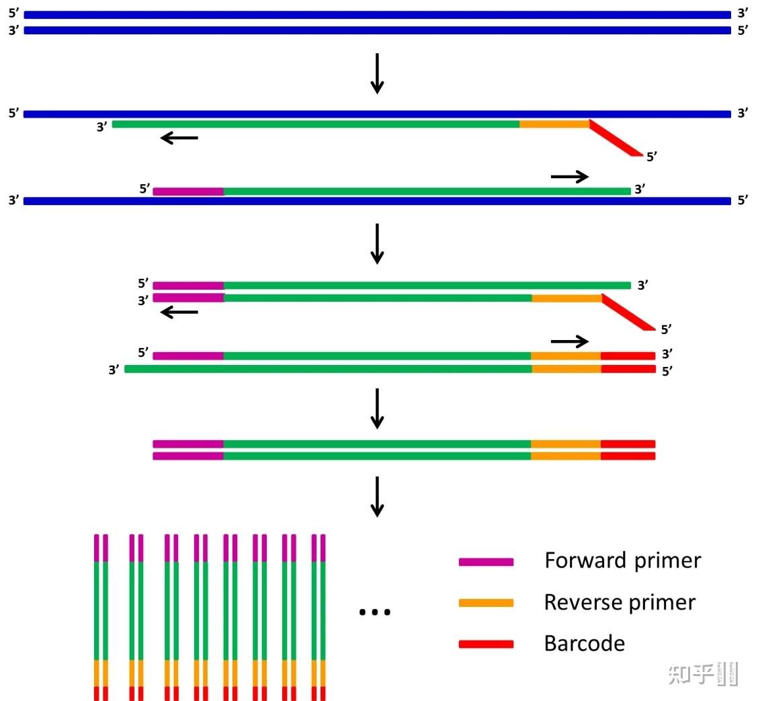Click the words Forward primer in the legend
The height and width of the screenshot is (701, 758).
622,561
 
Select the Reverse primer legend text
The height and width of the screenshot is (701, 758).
620,602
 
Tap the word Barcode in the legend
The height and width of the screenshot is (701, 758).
584,644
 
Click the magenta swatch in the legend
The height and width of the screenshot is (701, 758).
486,562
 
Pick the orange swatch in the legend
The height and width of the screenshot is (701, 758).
486,603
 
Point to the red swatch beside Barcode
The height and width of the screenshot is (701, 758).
486,644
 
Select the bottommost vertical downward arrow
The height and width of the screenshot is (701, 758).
378,497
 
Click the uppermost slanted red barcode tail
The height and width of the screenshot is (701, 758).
615,140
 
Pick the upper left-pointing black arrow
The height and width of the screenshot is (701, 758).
179,138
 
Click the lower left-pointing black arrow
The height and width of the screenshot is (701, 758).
179,312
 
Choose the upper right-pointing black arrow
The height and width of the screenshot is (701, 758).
570,176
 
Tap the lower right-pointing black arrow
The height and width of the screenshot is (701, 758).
570,341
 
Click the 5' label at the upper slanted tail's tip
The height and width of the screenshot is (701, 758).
652,157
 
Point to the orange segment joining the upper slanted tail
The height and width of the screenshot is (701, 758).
554,124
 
